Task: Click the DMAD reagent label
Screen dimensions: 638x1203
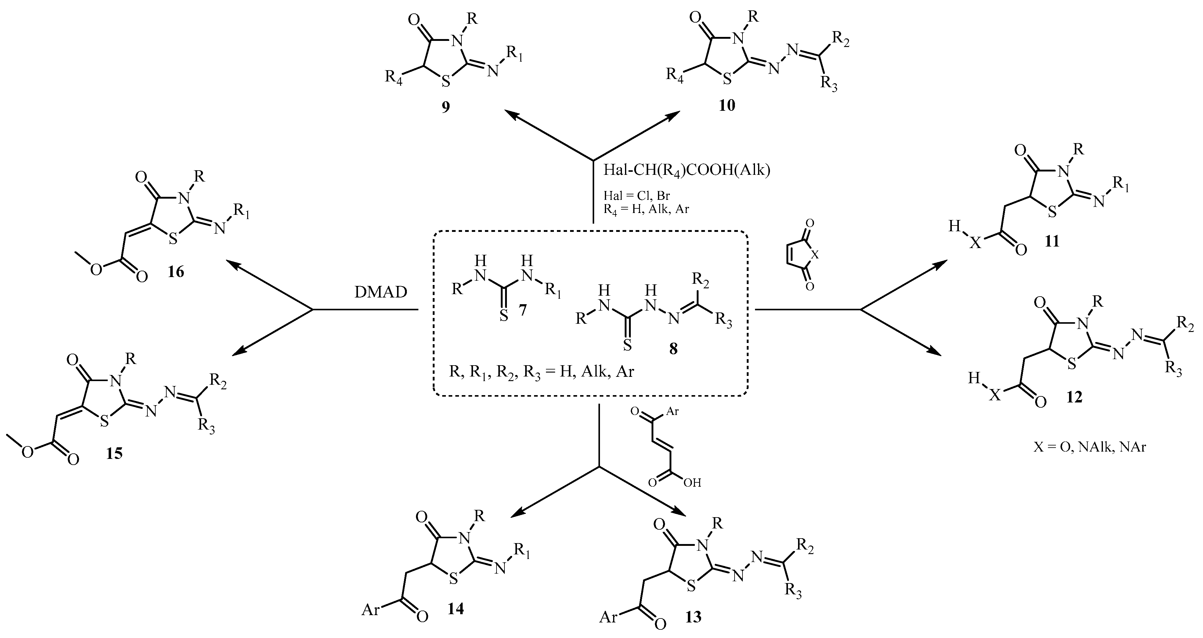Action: point(381,292)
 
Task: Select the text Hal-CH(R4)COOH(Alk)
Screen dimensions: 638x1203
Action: point(687,170)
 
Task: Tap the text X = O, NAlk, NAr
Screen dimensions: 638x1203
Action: point(1089,447)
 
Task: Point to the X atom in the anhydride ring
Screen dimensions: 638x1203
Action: point(815,255)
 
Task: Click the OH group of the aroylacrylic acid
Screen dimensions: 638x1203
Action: point(692,482)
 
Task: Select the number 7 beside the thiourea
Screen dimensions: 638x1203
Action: point(522,309)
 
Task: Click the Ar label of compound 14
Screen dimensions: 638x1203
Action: point(370,610)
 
